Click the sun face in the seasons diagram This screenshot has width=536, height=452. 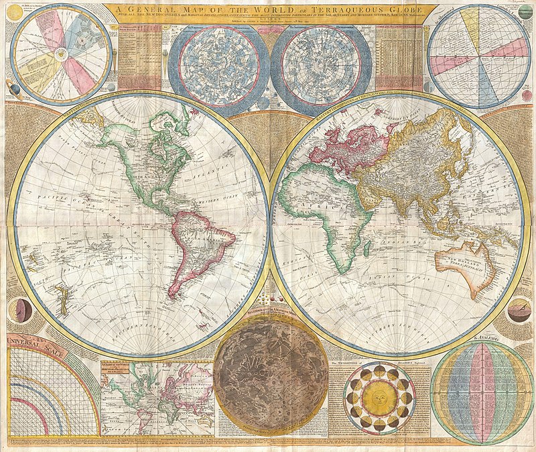pyautogui.click(x=379, y=398)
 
